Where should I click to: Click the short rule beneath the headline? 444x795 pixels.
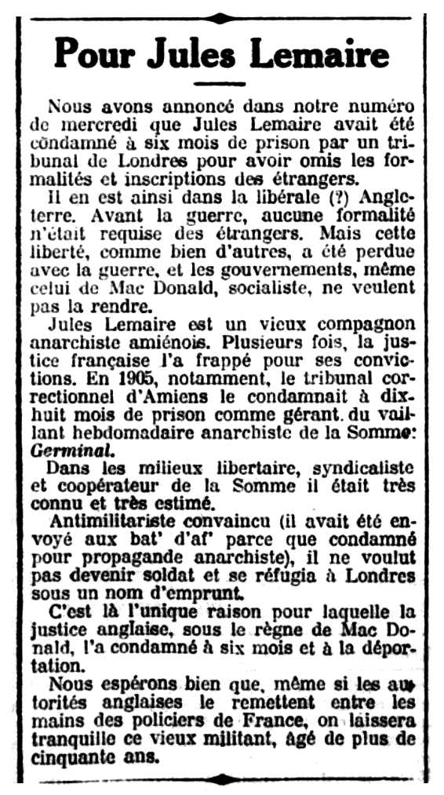pyautogui.click(x=219, y=83)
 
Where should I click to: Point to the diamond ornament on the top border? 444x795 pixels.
pyautogui.click(x=223, y=16)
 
